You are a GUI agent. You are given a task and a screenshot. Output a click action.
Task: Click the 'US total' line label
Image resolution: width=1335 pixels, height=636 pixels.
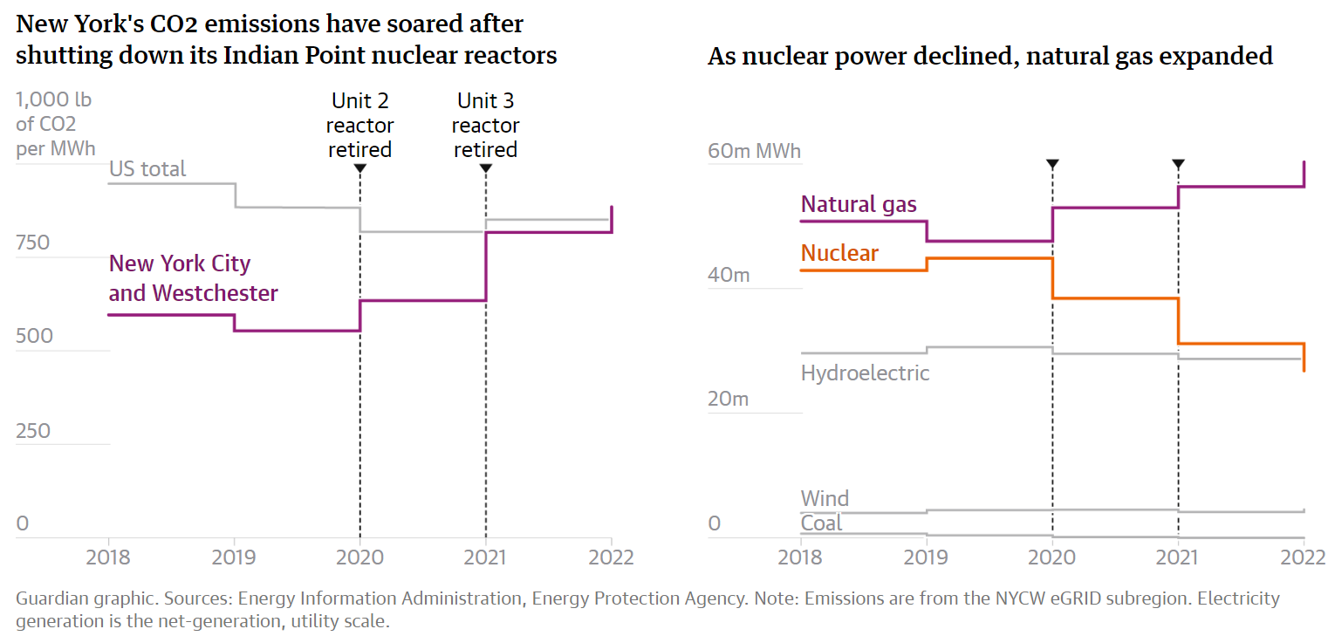click(x=147, y=168)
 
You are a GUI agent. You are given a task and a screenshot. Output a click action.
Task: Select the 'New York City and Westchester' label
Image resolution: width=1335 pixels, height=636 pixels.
click(x=193, y=278)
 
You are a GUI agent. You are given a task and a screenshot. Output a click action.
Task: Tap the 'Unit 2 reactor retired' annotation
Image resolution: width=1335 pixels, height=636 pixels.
click(x=359, y=126)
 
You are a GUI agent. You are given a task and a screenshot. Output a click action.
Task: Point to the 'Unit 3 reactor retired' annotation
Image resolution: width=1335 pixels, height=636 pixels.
click(x=485, y=126)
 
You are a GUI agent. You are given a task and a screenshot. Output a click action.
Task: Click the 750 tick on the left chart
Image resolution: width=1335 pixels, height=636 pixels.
click(x=33, y=243)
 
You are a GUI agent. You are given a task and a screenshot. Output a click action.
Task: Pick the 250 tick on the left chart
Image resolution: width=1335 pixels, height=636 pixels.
click(x=33, y=431)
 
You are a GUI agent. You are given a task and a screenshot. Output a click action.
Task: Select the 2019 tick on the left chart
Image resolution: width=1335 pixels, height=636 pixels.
click(x=235, y=557)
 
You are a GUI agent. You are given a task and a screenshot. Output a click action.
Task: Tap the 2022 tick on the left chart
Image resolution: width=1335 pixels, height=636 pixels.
click(x=611, y=557)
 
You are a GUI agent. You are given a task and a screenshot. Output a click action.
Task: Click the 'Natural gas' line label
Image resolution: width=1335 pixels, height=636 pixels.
click(x=859, y=204)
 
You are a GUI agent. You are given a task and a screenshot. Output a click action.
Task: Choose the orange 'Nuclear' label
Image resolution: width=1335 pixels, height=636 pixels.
click(x=839, y=253)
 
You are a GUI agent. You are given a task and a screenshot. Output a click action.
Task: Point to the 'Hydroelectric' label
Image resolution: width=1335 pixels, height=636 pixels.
click(x=865, y=373)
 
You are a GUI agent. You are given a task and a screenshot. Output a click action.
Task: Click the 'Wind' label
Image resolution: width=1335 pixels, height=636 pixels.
click(x=825, y=499)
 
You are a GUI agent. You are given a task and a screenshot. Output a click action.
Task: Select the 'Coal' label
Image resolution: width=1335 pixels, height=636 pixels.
click(x=821, y=523)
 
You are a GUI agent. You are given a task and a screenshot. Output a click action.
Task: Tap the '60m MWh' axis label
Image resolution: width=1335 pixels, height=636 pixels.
click(x=754, y=151)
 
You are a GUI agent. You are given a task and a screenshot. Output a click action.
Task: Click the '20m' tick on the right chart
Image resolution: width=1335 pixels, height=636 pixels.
click(x=729, y=399)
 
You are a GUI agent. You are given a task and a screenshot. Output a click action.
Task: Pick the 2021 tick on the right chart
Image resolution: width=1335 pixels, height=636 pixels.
click(x=1178, y=557)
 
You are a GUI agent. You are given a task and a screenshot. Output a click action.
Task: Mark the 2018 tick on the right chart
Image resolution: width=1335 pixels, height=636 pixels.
click(x=800, y=557)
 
